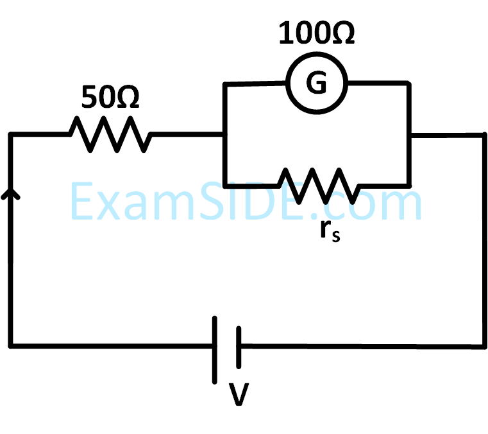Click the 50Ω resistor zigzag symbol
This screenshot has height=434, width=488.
click(x=110, y=134)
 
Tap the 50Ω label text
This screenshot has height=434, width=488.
click(x=110, y=97)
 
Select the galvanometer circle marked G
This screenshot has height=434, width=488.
click(x=316, y=82)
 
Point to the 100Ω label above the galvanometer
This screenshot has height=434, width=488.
click(x=316, y=34)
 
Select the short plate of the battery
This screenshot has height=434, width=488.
click(x=238, y=347)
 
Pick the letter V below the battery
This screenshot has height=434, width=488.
click(x=239, y=395)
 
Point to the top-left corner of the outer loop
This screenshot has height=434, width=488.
click(x=11, y=134)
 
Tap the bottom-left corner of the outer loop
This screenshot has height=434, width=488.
click(x=11, y=347)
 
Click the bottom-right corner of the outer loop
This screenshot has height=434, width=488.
click(x=484, y=347)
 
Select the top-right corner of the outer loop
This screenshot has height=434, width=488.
click(x=484, y=135)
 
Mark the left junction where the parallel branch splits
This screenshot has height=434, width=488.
click(x=224, y=134)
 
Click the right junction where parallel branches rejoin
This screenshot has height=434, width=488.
click(x=408, y=135)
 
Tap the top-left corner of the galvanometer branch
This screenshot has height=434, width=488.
click(x=224, y=83)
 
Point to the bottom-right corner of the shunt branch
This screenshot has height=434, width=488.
click(x=408, y=184)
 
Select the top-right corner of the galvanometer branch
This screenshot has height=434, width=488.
click(x=408, y=83)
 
